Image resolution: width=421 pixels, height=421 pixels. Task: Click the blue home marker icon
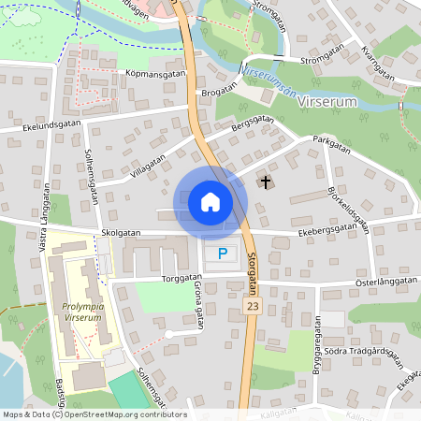coord(210,202)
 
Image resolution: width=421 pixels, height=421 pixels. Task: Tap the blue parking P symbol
coord(222,254)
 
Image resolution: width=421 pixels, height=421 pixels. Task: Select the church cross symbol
coord(266,181)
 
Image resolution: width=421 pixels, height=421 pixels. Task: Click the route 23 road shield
coord(252,306)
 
